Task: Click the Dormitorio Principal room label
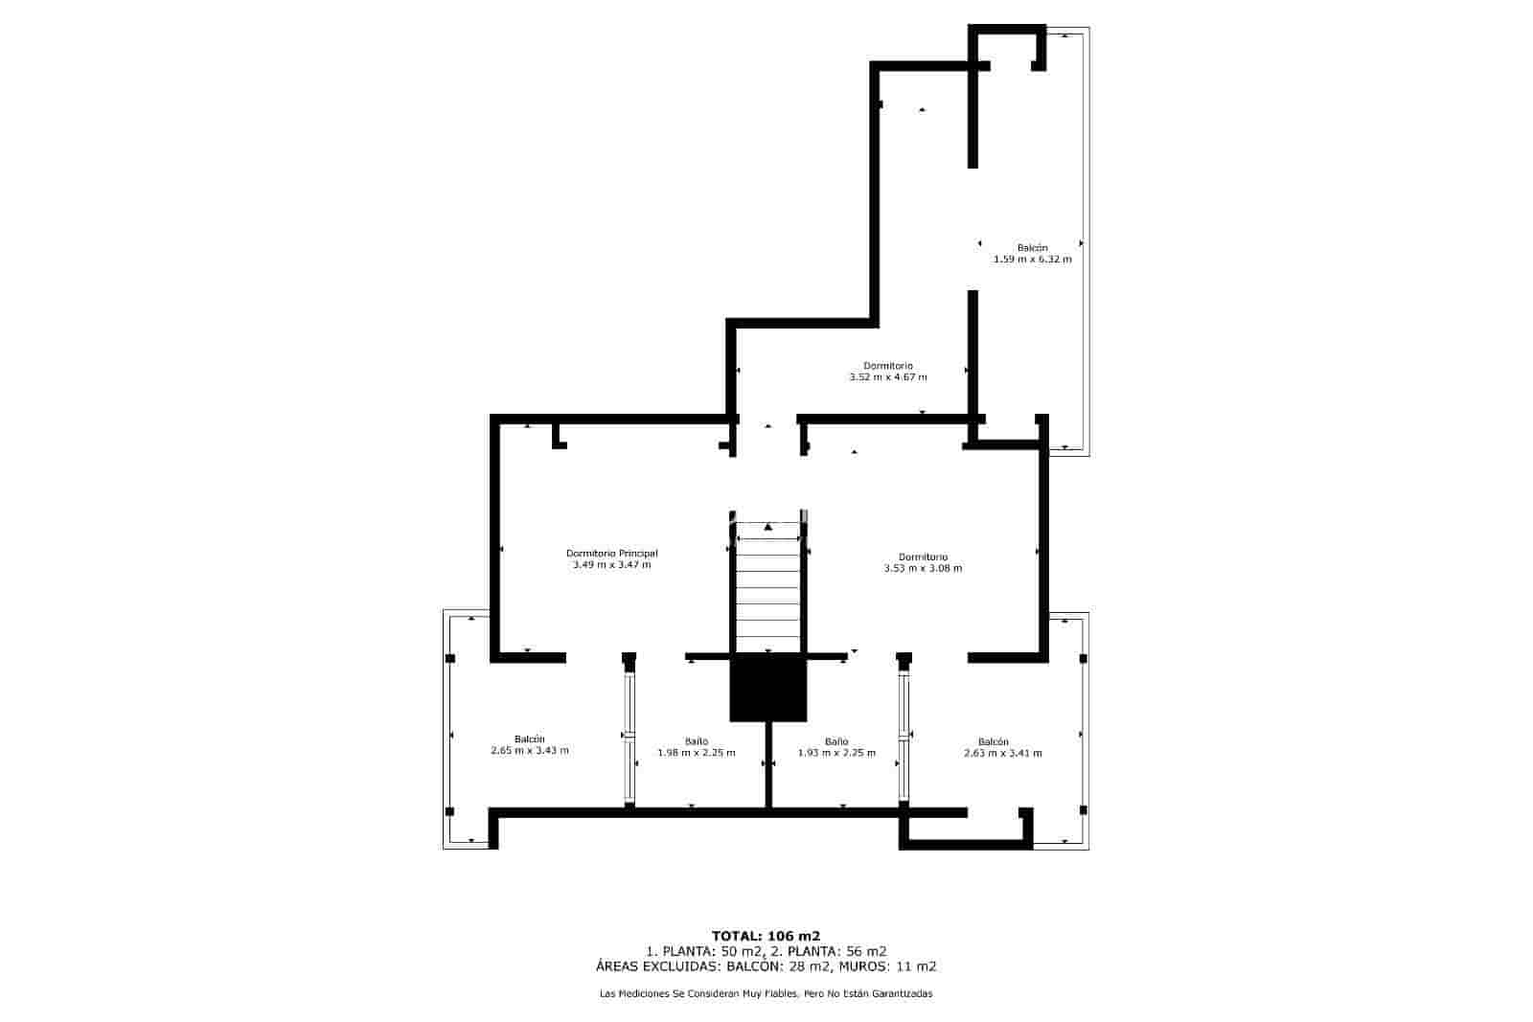611,553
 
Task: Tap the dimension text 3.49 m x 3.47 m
611,565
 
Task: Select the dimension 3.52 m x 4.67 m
887,377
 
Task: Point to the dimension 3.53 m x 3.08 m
923,568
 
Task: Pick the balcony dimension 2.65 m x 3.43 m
529,751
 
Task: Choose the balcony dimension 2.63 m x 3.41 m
1002,754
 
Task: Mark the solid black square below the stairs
768,687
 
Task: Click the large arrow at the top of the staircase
768,527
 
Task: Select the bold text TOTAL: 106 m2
766,936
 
